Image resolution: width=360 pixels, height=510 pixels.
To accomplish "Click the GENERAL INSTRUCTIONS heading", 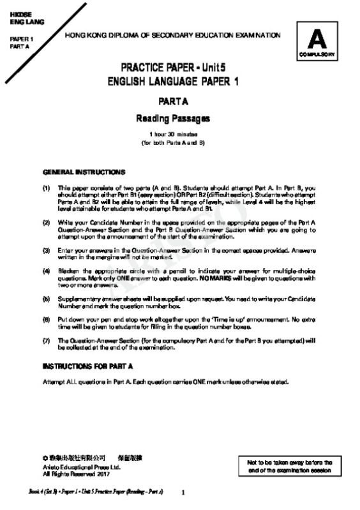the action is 84,172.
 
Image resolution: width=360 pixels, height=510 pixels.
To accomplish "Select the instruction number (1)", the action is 47,188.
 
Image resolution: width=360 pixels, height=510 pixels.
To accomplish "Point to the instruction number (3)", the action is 47,248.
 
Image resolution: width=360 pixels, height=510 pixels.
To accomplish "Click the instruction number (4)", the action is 47,270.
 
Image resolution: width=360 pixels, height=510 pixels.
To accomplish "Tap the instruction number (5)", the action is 47,298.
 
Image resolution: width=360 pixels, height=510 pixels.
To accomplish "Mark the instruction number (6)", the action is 47,319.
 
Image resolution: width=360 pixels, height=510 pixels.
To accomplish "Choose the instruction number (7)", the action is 47,340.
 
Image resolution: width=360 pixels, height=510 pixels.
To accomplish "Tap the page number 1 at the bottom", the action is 183,493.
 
